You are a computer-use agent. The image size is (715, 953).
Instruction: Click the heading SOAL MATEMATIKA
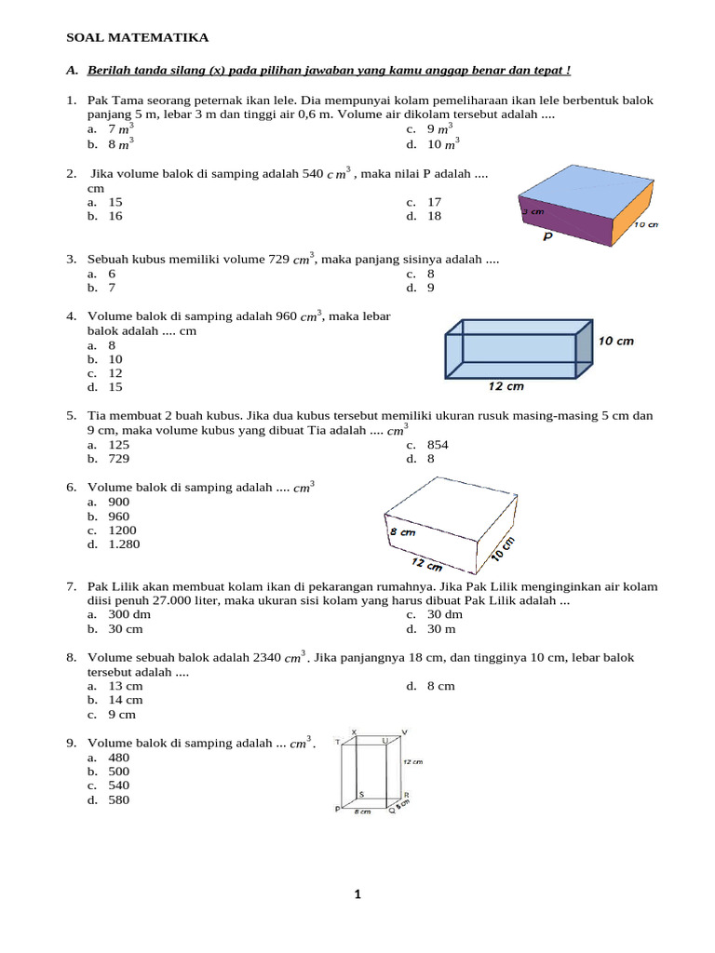click(x=137, y=37)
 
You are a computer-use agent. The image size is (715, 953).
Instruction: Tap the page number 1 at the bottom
click(x=357, y=895)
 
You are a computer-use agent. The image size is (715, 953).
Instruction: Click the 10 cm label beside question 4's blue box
click(x=615, y=341)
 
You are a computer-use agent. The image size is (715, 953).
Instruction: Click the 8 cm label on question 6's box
click(x=401, y=532)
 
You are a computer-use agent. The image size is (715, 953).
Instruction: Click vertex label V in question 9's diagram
click(x=403, y=732)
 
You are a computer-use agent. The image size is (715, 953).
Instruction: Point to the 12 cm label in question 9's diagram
click(x=412, y=761)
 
